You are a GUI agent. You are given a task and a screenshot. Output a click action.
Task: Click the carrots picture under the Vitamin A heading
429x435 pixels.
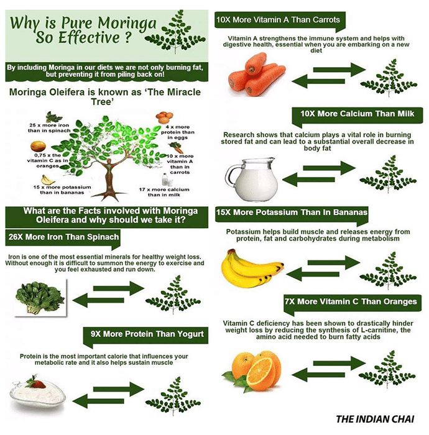(x=256, y=75)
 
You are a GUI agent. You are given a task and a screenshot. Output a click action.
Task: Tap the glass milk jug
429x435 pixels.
(x=252, y=179)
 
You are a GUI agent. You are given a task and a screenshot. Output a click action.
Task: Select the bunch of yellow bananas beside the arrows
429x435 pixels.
(x=252, y=268)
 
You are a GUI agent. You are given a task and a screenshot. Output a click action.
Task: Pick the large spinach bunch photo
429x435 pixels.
(x=40, y=298)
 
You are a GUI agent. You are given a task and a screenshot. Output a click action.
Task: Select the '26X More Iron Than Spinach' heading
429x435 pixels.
(x=63, y=237)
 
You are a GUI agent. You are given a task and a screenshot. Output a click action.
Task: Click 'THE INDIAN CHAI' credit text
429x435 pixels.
(x=375, y=419)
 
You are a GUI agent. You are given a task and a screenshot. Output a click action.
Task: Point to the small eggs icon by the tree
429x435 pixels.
(x=164, y=117)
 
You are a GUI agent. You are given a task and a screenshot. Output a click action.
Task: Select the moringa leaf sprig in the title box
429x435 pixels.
(x=175, y=31)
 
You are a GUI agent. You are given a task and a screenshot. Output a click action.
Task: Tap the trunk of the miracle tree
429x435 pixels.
(x=109, y=180)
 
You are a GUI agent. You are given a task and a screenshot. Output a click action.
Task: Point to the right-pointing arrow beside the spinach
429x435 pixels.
(x=119, y=288)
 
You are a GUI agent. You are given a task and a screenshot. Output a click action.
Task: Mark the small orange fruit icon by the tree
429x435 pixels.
(x=38, y=146)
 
